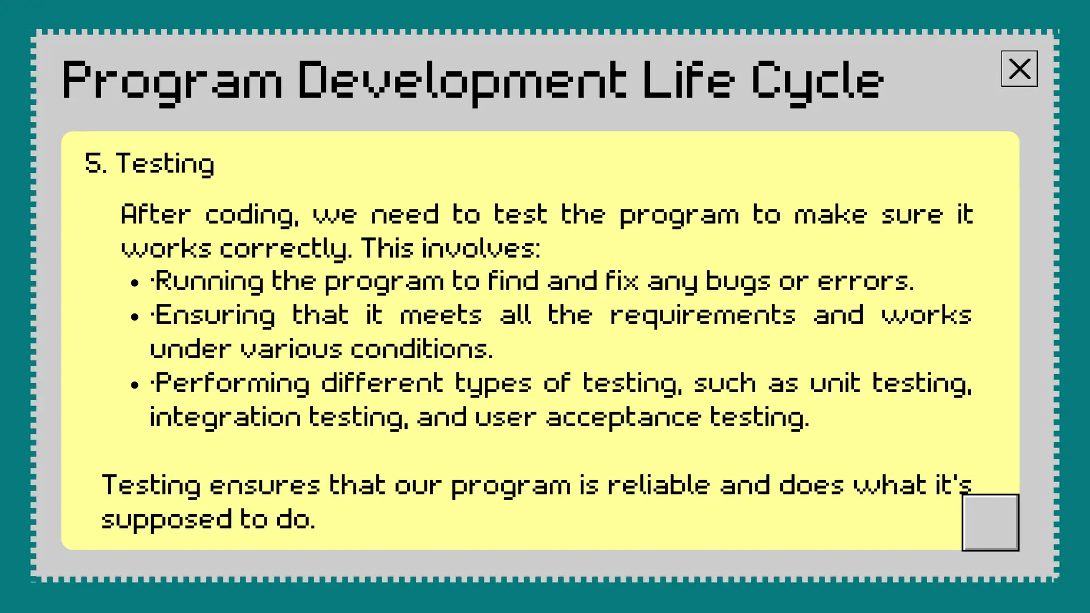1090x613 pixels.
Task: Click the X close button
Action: [1019, 69]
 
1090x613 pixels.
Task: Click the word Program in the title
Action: [171, 81]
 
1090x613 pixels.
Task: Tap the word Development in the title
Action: [461, 81]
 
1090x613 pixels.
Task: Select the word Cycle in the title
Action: [817, 81]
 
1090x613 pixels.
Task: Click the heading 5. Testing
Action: [150, 163]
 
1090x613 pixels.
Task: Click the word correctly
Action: [285, 249]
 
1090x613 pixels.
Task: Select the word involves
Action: [481, 248]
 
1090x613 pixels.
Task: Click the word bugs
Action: [737, 281]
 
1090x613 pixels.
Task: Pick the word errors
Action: [865, 281]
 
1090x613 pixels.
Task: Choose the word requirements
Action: [703, 316]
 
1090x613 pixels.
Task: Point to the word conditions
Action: [422, 350]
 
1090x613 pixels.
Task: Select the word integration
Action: [225, 418]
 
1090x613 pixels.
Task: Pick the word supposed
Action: [167, 520]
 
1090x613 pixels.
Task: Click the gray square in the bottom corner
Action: [990, 522]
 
